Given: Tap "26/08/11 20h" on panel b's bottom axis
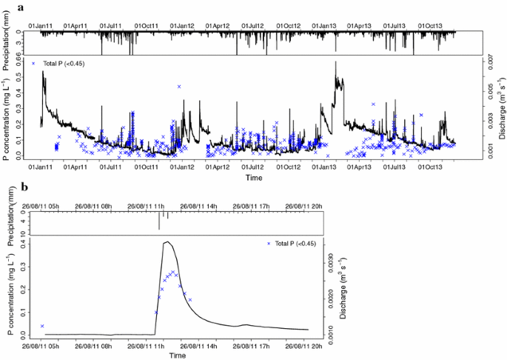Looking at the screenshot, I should pos(301,345).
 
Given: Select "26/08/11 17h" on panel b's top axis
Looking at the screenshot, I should pos(252,205).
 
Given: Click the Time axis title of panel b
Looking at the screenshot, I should pos(176,356).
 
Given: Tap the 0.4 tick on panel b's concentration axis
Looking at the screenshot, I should pos(24,243).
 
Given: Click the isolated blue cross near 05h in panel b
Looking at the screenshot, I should pos(42,326).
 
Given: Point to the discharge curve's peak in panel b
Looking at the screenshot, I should pos(167,242).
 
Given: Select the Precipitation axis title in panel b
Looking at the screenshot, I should pos(13,219).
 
